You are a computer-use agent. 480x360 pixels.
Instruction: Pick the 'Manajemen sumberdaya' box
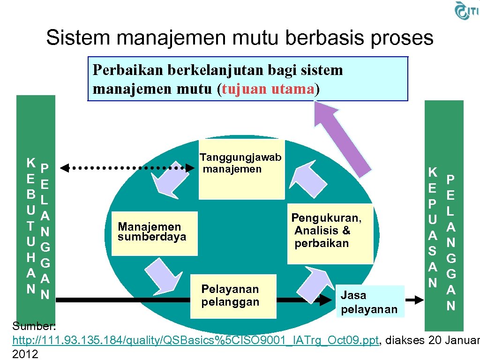pos(152,232)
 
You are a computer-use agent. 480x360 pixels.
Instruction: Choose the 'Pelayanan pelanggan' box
pos(230,295)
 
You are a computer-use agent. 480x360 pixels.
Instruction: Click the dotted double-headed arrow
pos(127,167)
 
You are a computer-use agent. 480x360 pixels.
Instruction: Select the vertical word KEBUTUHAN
pos(30,225)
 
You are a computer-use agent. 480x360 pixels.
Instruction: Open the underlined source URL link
pos(195,341)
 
